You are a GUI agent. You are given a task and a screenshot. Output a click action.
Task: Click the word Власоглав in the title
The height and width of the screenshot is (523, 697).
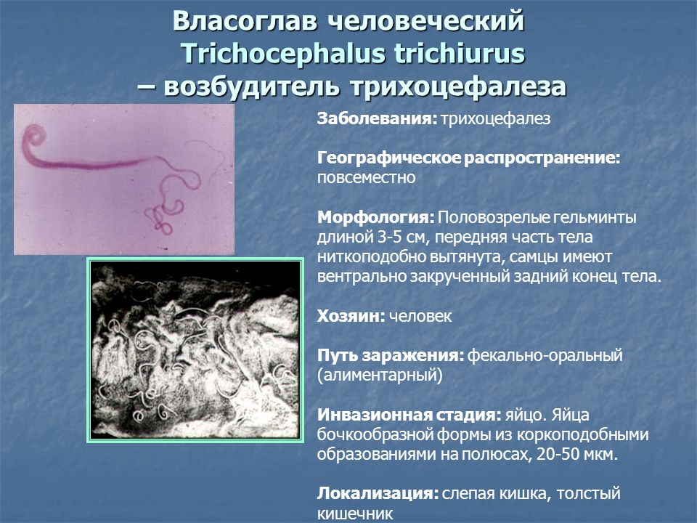[245, 20]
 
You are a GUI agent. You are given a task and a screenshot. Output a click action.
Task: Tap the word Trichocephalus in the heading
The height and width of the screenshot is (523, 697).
[283, 54]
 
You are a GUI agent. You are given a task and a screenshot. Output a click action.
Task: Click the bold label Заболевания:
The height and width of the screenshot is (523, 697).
[378, 118]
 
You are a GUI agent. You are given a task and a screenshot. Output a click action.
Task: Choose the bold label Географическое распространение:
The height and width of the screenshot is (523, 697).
[468, 158]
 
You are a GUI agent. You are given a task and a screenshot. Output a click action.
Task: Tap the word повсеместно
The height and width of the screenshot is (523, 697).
[366, 177]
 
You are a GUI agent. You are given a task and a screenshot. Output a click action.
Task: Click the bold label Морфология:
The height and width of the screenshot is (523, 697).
[375, 217]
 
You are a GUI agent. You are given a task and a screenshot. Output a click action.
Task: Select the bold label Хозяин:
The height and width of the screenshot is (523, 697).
[351, 316]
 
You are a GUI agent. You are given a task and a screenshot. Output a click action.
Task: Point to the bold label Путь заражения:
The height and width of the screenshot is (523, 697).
[391, 356]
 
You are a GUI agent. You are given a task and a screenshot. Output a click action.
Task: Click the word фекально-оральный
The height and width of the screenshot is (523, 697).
[545, 356]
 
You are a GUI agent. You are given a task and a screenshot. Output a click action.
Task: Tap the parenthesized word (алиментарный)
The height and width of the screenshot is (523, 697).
[380, 376]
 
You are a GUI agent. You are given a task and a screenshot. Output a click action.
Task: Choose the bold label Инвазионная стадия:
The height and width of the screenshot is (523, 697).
[409, 415]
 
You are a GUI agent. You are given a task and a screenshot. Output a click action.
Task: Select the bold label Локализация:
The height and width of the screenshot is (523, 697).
[378, 494]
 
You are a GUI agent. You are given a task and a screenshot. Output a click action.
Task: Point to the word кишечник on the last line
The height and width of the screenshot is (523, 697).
[355, 514]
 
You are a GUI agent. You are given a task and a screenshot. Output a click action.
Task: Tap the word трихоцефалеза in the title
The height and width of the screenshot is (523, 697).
[458, 86]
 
